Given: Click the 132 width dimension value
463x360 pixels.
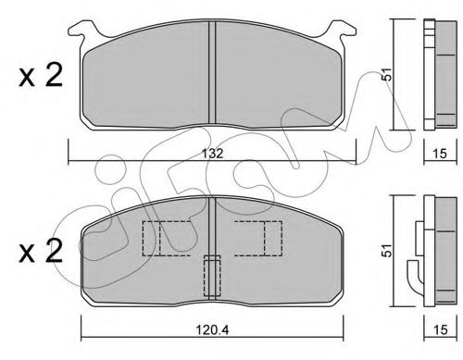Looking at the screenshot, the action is pos(213,154).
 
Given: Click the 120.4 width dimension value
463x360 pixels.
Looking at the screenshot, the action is pos(212,330).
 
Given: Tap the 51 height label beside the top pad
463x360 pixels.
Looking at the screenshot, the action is pos(386,74).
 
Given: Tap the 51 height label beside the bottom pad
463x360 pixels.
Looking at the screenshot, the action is pos(386,251).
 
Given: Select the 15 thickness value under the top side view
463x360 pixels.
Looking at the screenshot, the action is pos(440,154).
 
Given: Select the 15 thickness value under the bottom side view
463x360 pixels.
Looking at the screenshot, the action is pos(440,329).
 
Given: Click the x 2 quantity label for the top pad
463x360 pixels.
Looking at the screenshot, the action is pos(41,75).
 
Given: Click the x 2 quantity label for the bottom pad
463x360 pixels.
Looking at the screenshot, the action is pos(41,252).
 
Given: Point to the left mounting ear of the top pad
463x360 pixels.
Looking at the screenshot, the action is pos(82,31).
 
